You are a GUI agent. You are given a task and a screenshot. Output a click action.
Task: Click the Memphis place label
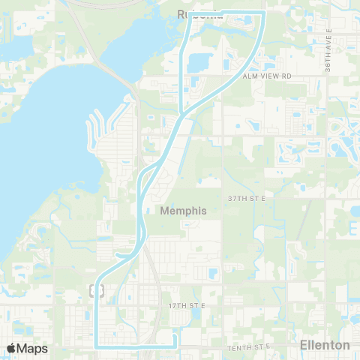182,211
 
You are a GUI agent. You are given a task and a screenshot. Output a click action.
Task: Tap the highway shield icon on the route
96,289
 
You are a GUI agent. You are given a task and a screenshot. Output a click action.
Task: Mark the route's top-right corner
265,13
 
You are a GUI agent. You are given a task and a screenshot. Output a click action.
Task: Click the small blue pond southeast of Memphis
212,274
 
